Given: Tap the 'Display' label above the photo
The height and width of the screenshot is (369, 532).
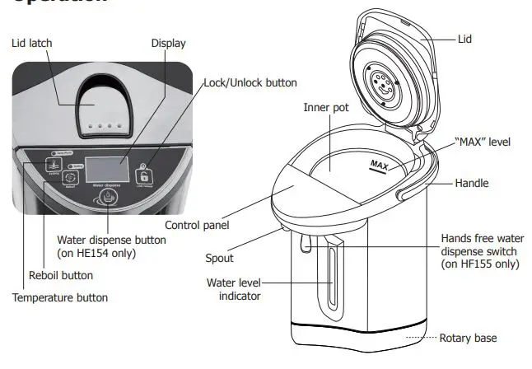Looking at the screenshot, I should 168,43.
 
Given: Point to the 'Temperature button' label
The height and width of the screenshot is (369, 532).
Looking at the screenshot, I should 59,297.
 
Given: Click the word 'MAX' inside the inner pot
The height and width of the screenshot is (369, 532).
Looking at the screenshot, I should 379,166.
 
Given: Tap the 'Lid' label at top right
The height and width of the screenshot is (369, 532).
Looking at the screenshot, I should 464,38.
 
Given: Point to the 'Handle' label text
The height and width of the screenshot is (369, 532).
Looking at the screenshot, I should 472,183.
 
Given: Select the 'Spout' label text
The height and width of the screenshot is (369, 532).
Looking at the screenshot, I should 219,258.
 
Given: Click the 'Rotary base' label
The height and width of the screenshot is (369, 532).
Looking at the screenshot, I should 468,338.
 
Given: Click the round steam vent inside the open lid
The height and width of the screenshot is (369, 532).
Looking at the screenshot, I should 380,83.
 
